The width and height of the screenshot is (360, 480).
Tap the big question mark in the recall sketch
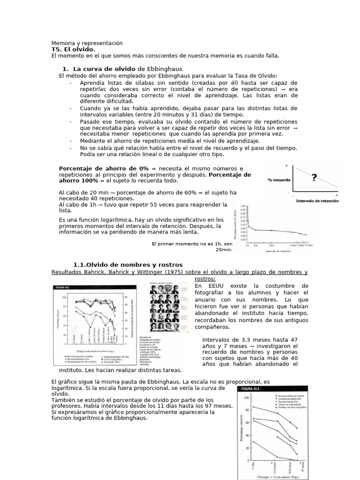(x=314, y=177)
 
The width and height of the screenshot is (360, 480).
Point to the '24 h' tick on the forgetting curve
(x=271, y=245)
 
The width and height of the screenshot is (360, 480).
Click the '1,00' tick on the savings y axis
(x=243, y=206)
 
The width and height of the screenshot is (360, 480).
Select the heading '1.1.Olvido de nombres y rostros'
(x=128, y=265)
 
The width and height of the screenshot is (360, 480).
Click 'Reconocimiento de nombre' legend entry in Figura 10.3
(x=291, y=396)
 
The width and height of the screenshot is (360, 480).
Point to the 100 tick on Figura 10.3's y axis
(x=247, y=397)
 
